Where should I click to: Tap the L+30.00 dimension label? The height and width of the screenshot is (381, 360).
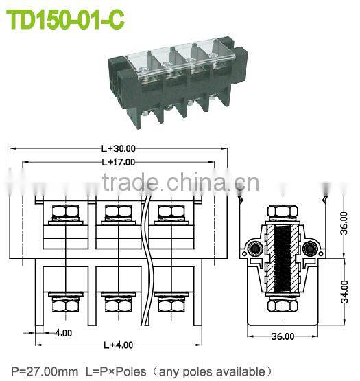pos(119,148)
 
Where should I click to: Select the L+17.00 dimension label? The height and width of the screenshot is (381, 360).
pos(119,163)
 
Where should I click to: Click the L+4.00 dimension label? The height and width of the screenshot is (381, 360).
pos(118,345)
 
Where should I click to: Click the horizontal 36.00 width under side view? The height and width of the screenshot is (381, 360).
pos(282,336)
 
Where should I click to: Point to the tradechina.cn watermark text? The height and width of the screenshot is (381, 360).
pos(181,183)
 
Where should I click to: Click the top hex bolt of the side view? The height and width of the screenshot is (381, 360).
pos(282,211)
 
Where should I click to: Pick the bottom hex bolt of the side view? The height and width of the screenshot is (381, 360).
pos(282,303)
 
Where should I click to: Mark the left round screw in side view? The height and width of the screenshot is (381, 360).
pos(255,248)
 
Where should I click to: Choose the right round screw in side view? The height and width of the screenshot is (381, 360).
pos(309,248)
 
